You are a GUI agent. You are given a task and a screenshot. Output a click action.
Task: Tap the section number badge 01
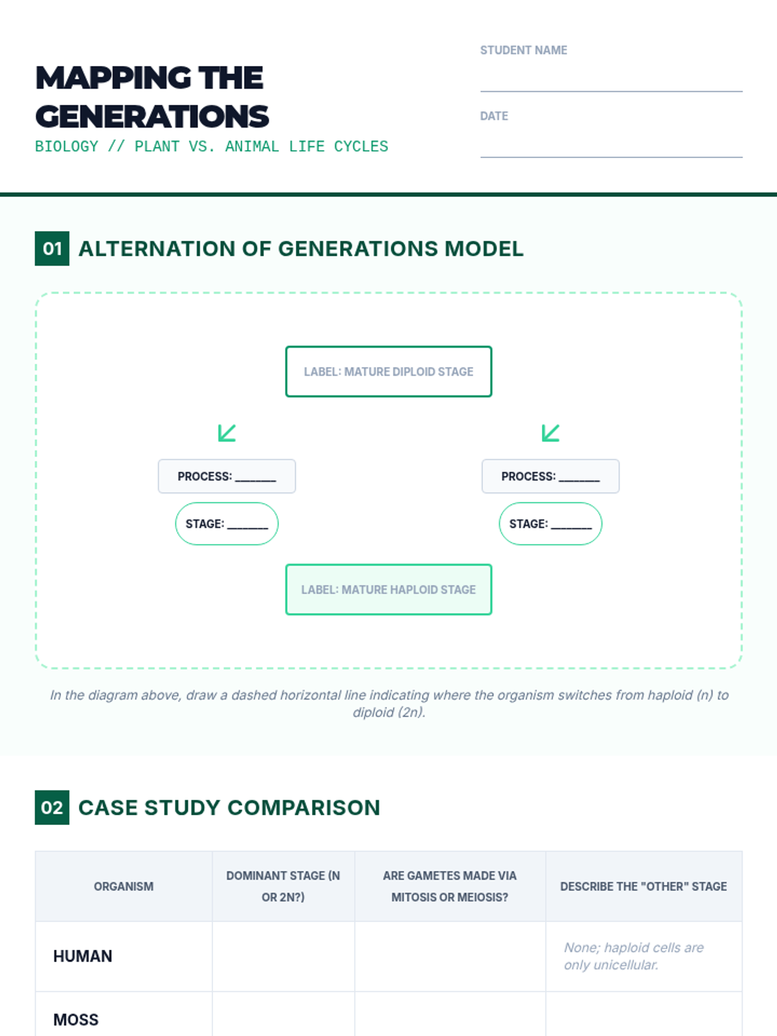pos(52,249)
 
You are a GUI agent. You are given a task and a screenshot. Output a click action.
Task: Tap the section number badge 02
pos(52,807)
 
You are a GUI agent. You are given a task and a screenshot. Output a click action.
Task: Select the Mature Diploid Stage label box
pos(388,372)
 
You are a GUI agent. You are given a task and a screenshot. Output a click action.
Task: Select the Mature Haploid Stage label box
pos(388,589)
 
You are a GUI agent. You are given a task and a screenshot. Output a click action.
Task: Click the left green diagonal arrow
pos(227,433)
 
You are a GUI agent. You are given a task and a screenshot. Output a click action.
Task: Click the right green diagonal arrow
pos(550,433)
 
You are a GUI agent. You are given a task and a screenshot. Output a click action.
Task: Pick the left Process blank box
pos(227,477)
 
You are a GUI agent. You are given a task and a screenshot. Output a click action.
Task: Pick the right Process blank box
pos(550,477)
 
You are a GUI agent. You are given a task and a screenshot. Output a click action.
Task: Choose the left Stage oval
pos(227,524)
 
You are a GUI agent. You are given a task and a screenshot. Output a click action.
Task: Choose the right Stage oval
pos(550,524)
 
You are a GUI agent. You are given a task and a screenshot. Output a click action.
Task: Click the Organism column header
pos(124,886)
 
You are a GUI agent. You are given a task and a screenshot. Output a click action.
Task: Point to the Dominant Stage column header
pos(283,886)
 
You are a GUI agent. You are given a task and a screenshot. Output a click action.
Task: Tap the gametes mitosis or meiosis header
pos(449,886)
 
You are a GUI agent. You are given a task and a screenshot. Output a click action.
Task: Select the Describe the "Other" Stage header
pos(643,886)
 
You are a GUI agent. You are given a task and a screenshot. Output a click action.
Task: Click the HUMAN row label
pos(83,956)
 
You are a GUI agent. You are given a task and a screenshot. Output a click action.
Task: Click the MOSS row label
pos(76,1020)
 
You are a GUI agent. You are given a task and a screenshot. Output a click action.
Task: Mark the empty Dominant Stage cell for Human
pos(283,956)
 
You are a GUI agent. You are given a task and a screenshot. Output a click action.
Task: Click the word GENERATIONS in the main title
pos(152,117)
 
